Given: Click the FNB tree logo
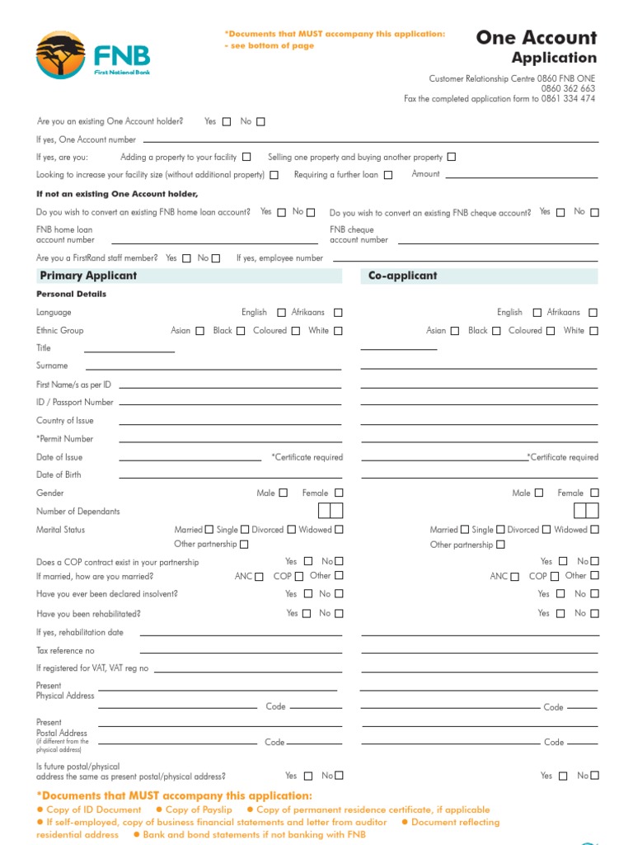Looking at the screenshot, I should [x=60, y=54].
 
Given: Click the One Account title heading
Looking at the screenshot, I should [x=536, y=37].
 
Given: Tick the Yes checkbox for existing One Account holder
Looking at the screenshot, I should [x=227, y=122].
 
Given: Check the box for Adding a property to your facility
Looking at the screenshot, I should [x=246, y=157].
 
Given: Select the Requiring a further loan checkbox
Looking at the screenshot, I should [x=388, y=175].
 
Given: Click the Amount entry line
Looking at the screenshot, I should [x=522, y=175].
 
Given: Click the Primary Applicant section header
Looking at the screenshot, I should [x=88, y=276].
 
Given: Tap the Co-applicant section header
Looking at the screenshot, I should [x=402, y=276].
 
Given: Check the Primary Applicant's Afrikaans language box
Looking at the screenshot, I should [x=338, y=313].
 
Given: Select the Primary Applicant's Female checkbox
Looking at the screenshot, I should [x=339, y=493].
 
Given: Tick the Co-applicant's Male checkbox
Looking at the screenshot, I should [x=539, y=493].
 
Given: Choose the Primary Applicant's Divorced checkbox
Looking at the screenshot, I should [x=290, y=530].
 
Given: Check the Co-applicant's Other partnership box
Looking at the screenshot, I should [x=501, y=545].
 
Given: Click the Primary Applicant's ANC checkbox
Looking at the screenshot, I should [x=260, y=577].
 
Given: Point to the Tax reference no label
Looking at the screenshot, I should [x=65, y=650].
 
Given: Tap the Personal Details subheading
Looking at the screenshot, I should [x=71, y=294].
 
